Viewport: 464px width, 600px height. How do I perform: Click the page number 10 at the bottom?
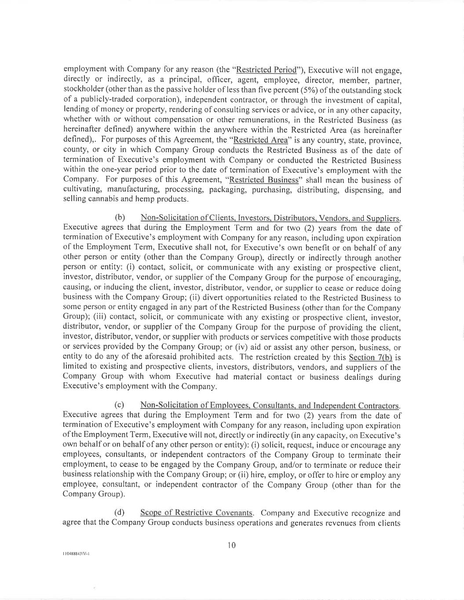(x=232, y=545)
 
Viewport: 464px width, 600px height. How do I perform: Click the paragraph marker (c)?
(x=119, y=405)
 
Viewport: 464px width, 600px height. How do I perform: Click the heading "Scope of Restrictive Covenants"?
(x=196, y=513)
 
